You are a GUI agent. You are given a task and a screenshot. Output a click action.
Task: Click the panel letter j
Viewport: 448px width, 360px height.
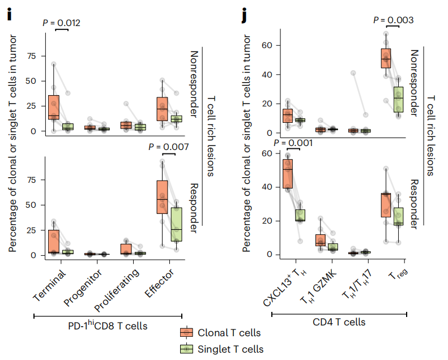point(244,15)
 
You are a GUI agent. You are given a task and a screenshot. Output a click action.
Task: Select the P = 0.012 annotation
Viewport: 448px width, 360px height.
point(62,23)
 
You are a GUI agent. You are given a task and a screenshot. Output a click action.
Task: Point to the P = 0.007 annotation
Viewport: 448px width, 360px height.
point(168,147)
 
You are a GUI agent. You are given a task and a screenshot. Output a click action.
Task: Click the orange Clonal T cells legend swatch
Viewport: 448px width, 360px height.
point(187,333)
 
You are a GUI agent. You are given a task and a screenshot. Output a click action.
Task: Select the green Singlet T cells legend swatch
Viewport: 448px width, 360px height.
point(187,349)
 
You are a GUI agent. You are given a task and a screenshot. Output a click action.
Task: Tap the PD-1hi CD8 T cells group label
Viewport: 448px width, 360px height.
point(107,325)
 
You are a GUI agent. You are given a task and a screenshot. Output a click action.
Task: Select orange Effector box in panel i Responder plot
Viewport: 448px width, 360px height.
point(162,196)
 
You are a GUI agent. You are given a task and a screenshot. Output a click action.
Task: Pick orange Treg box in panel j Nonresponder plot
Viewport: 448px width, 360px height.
point(386,58)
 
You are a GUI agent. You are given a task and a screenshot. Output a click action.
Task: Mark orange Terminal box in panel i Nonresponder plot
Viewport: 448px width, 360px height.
point(54,108)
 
